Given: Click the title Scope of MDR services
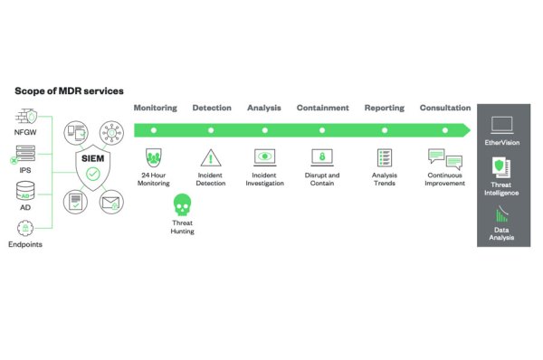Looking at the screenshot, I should coord(69,90).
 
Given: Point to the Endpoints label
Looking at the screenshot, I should coord(25,244).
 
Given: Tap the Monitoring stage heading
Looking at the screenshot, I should coord(156,108).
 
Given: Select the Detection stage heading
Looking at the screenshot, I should coord(212,108).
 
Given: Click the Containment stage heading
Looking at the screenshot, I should coord(322,108).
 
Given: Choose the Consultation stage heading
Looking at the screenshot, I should coord(445,108).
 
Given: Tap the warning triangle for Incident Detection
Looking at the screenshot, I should coord(211,156).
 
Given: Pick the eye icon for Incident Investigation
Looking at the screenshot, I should coord(267,156).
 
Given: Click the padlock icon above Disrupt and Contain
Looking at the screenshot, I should coord(322,156).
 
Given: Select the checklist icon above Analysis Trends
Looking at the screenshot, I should coord(384,156).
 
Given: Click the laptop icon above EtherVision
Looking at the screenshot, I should coord(501,124).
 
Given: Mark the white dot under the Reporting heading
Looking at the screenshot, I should coord(384,130).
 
